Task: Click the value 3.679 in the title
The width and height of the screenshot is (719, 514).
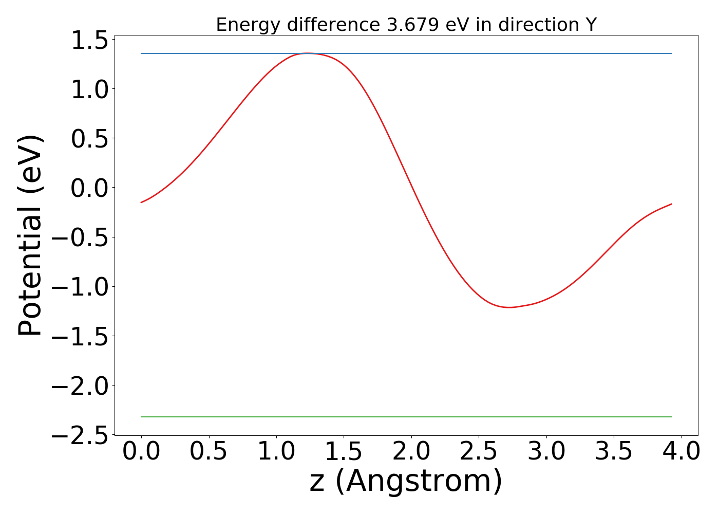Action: tap(413, 25)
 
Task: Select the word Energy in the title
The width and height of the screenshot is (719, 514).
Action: tap(249, 25)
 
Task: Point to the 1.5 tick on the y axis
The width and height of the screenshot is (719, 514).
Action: tap(89, 41)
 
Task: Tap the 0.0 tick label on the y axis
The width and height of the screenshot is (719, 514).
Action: tap(89, 189)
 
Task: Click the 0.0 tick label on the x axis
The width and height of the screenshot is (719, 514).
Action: tap(141, 452)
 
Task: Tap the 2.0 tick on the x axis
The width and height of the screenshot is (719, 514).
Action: tap(411, 452)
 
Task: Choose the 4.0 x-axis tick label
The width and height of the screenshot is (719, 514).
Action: tap(681, 452)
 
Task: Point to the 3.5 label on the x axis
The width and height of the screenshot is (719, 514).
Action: tap(614, 452)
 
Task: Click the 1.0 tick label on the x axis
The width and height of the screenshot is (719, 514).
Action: tap(276, 452)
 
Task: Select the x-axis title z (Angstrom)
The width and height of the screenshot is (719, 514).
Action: tap(406, 481)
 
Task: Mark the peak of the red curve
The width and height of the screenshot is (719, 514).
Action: tap(307, 53)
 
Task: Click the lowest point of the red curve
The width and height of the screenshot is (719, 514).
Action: tap(509, 307)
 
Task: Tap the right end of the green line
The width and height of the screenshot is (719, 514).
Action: tap(671, 417)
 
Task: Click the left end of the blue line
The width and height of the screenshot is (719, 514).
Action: tap(141, 53)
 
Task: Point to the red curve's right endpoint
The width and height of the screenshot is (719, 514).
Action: tap(671, 204)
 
